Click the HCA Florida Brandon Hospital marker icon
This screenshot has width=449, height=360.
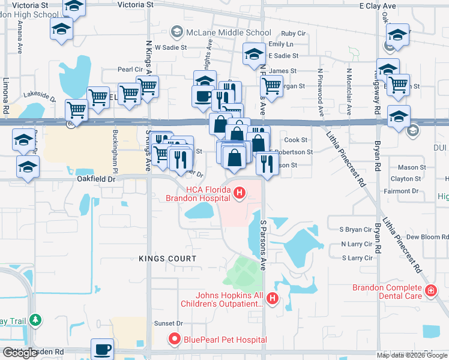click(240, 193)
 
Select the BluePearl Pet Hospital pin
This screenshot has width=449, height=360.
click(175, 340)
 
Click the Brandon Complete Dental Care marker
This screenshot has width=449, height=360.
click(430, 291)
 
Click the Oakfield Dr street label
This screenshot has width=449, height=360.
click(95, 179)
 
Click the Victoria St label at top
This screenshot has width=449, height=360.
click(135, 4)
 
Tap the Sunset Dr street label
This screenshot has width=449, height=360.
click(169, 323)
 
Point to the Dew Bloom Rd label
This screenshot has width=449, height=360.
click(423, 237)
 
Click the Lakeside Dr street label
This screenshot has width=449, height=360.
click(40, 95)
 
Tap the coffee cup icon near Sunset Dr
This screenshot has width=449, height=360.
click(102, 349)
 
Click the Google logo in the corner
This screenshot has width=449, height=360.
click(20, 353)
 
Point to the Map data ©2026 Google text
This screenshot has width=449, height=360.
click(412, 355)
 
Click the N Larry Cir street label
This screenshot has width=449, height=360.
click(357, 244)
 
